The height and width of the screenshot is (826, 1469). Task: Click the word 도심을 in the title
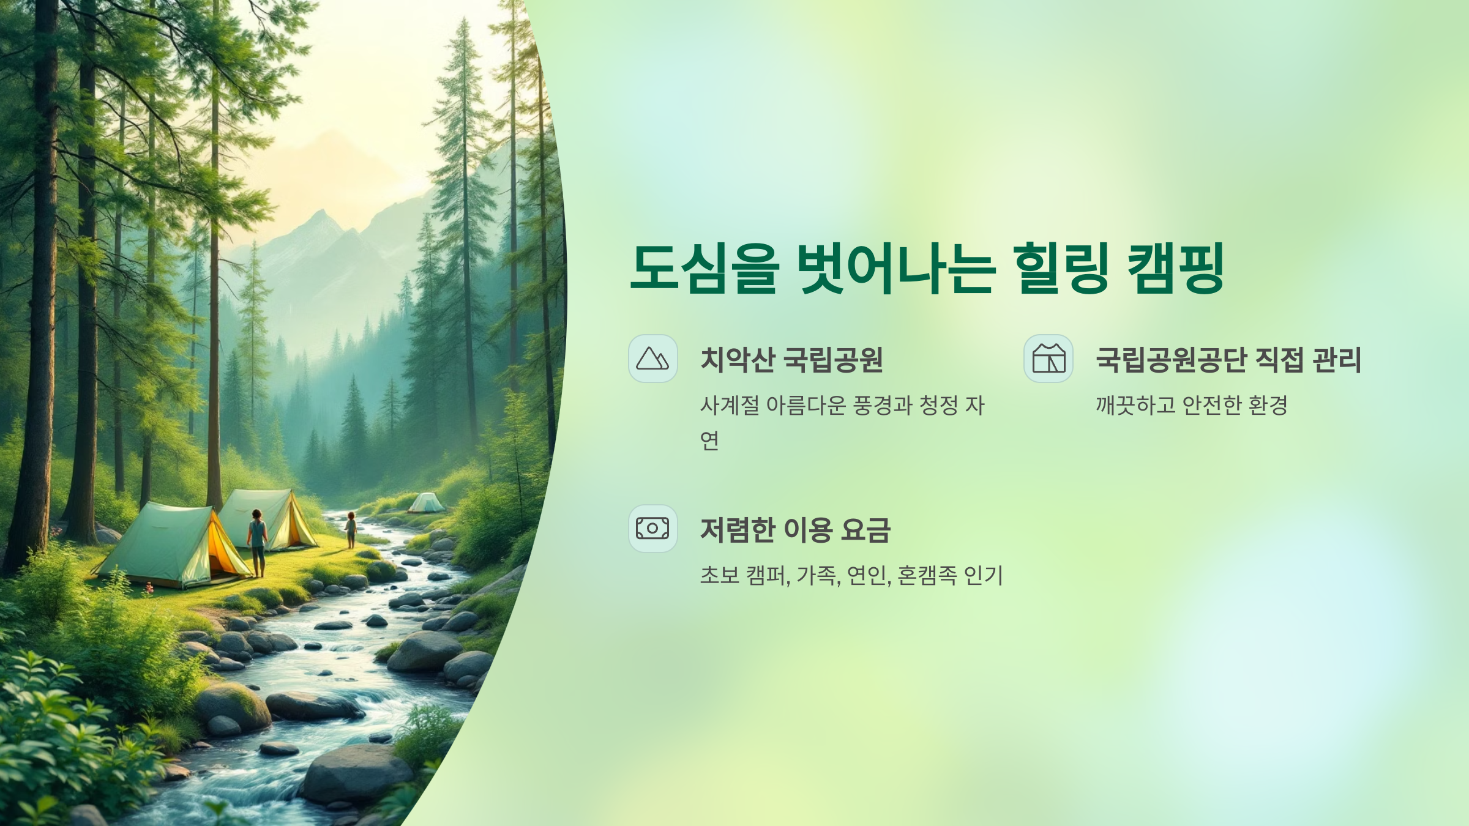[705, 268]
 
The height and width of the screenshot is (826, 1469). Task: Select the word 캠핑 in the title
[1175, 268]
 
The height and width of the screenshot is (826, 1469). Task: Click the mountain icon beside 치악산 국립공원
[652, 359]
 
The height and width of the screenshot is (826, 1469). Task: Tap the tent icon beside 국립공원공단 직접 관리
[1048, 359]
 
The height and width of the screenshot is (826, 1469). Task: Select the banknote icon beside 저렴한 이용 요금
[652, 529]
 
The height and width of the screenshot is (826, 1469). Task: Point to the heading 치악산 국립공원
[791, 360]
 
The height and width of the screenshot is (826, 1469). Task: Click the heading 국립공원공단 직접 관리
[1228, 360]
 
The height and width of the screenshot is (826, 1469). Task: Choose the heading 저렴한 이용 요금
[795, 530]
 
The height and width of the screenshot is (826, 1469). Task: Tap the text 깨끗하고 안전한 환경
[1192, 405]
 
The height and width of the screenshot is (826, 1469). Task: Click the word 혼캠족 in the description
[927, 575]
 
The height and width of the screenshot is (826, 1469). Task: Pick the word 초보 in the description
[720, 575]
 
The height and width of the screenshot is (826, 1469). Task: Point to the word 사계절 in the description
[730, 405]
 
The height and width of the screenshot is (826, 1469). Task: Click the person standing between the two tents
[257, 541]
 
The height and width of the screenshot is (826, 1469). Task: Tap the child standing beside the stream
[351, 529]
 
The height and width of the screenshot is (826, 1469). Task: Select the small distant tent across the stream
[426, 503]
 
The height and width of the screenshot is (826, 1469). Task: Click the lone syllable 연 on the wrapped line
[709, 440]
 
